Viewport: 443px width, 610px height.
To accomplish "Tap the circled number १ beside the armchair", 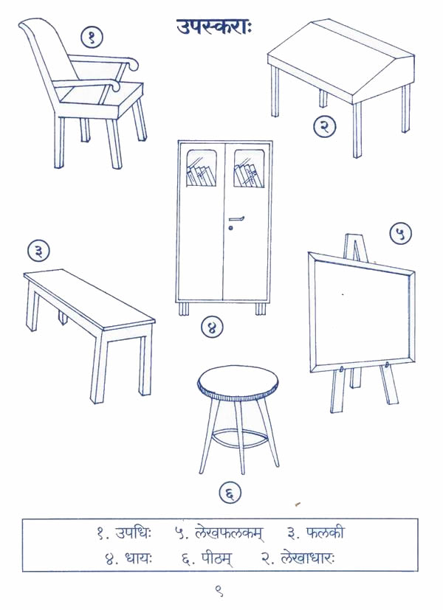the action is (x=92, y=38).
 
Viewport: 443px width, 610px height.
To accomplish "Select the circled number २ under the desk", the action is (x=325, y=126).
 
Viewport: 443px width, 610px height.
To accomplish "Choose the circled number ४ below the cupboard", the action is (x=212, y=327).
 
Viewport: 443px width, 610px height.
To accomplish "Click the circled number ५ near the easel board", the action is (x=401, y=233).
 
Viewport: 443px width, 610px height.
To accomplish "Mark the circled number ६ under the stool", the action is (x=230, y=493).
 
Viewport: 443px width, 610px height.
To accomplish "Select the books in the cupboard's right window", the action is (x=248, y=175).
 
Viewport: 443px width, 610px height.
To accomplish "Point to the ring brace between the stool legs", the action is (x=238, y=440).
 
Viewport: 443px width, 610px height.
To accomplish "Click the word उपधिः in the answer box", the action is (x=133, y=533).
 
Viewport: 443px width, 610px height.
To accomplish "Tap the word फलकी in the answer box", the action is (x=326, y=533).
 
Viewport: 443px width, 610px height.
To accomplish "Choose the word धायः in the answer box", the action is (x=139, y=559).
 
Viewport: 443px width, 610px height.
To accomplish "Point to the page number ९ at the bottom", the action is (x=219, y=592).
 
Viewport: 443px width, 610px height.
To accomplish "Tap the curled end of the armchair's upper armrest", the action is (x=132, y=65).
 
